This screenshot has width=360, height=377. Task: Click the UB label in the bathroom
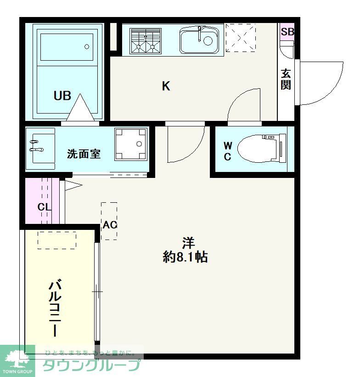point(62,96)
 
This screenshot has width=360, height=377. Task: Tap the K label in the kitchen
point(166,86)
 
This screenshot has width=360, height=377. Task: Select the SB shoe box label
point(287,32)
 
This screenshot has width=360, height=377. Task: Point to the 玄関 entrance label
point(286,79)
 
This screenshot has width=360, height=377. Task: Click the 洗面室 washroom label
point(84,154)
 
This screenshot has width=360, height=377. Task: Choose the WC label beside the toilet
point(228,151)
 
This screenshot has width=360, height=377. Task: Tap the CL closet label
point(44,207)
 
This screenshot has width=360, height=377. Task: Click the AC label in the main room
point(110,225)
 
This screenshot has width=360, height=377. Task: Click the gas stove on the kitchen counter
point(145,40)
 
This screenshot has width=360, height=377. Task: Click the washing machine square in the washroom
point(131,144)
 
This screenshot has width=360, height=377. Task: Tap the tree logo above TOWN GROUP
point(17,358)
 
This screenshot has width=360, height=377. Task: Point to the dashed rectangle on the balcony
point(56,240)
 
